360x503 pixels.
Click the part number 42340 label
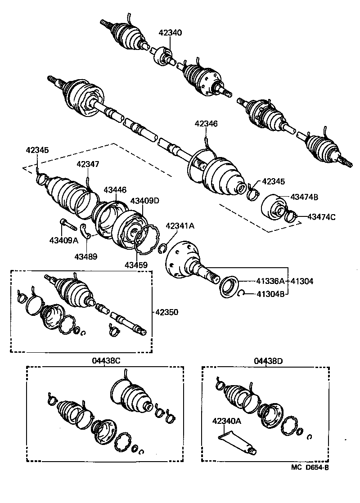[x=170, y=32]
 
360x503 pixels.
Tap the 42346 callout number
[x=206, y=123]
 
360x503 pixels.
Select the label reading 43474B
[x=304, y=197]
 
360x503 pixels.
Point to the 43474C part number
[x=321, y=217]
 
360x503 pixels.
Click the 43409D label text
[x=144, y=200]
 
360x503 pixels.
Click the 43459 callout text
[x=136, y=265]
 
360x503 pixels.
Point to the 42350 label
[x=167, y=311]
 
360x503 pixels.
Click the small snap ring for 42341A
[x=163, y=249]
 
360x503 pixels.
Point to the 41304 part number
[x=302, y=281]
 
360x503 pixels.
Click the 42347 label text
[x=88, y=164]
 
